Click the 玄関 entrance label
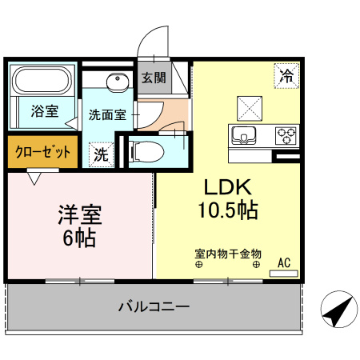point(154,78)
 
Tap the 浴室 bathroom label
point(44,111)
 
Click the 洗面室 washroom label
point(107,114)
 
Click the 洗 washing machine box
point(101,153)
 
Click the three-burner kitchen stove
point(286,134)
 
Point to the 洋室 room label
point(79,215)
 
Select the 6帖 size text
point(78,238)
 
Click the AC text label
point(284,262)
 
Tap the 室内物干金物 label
point(227,253)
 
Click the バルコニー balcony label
point(154,306)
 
